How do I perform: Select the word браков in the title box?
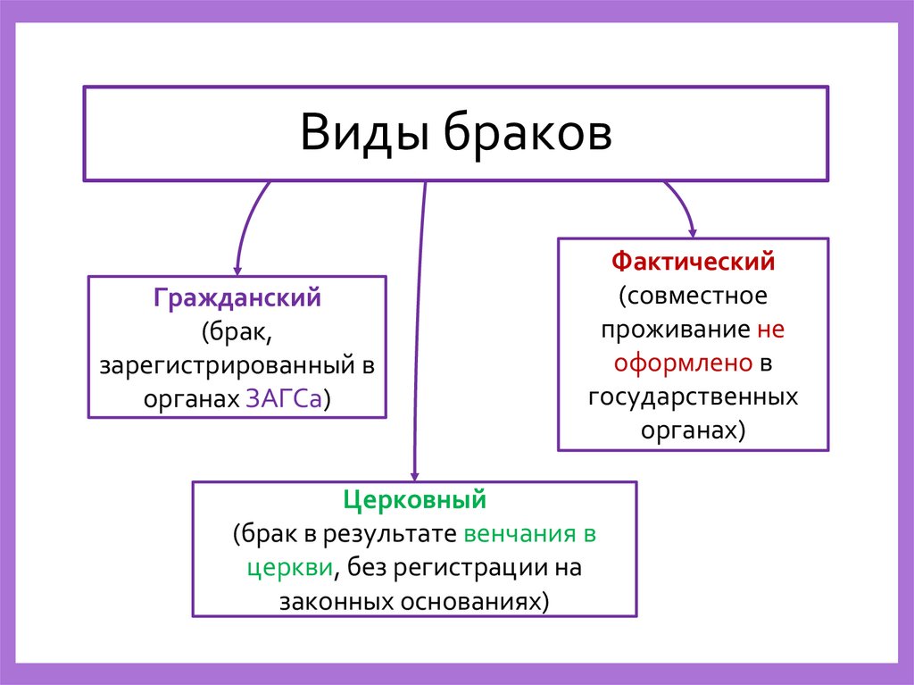(527, 133)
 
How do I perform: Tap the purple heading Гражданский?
(237, 298)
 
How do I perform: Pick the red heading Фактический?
(693, 263)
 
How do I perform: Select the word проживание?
(675, 330)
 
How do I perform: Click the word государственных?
(693, 397)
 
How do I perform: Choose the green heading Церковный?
(415, 499)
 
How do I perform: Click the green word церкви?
(291, 568)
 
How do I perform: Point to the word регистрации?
(461, 568)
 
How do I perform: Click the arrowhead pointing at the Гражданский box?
(237, 269)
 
